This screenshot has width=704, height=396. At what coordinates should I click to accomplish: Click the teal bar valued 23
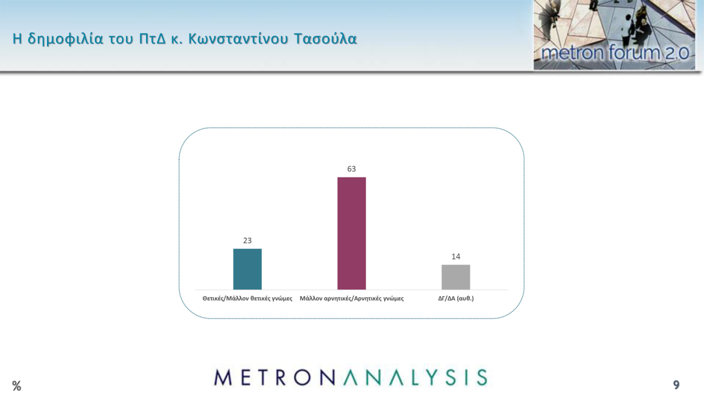(247, 269)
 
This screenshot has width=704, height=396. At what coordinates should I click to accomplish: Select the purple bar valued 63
(351, 233)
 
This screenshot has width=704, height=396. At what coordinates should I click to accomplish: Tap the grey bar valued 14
(456, 277)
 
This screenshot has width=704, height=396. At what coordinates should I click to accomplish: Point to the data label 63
(351, 169)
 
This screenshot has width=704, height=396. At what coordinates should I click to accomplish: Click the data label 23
(247, 241)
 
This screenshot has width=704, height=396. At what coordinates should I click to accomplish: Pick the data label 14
(456, 257)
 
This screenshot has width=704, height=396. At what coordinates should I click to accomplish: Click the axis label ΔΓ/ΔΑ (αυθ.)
(456, 298)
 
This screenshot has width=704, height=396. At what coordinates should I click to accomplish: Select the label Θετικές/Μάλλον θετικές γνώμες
(247, 299)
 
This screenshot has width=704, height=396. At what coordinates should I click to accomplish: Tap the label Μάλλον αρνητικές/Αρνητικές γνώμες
(351, 299)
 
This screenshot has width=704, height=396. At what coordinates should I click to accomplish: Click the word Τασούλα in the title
(326, 39)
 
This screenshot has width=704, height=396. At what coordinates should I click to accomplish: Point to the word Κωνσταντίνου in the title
(238, 39)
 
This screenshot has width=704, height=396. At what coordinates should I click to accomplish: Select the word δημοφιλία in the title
(65, 39)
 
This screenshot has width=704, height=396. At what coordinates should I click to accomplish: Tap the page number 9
(676, 385)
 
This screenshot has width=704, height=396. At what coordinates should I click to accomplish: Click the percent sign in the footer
(17, 385)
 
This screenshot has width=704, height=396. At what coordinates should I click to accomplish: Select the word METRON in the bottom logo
(274, 377)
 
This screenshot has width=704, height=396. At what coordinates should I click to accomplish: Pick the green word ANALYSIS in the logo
(415, 377)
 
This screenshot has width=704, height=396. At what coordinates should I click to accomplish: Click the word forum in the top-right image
(634, 52)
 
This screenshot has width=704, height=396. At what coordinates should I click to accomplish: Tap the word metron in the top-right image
(573, 53)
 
